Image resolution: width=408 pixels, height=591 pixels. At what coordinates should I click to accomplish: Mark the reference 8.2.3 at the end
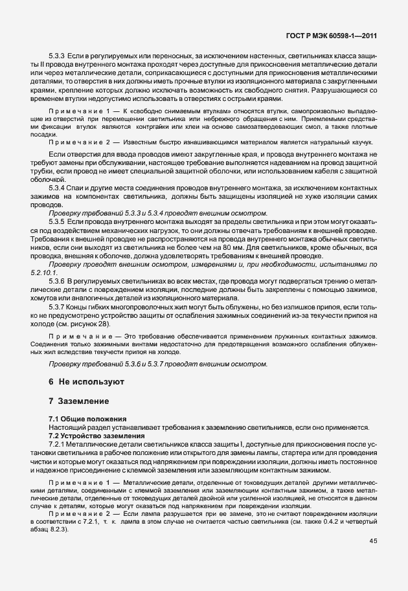click(x=65, y=530)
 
